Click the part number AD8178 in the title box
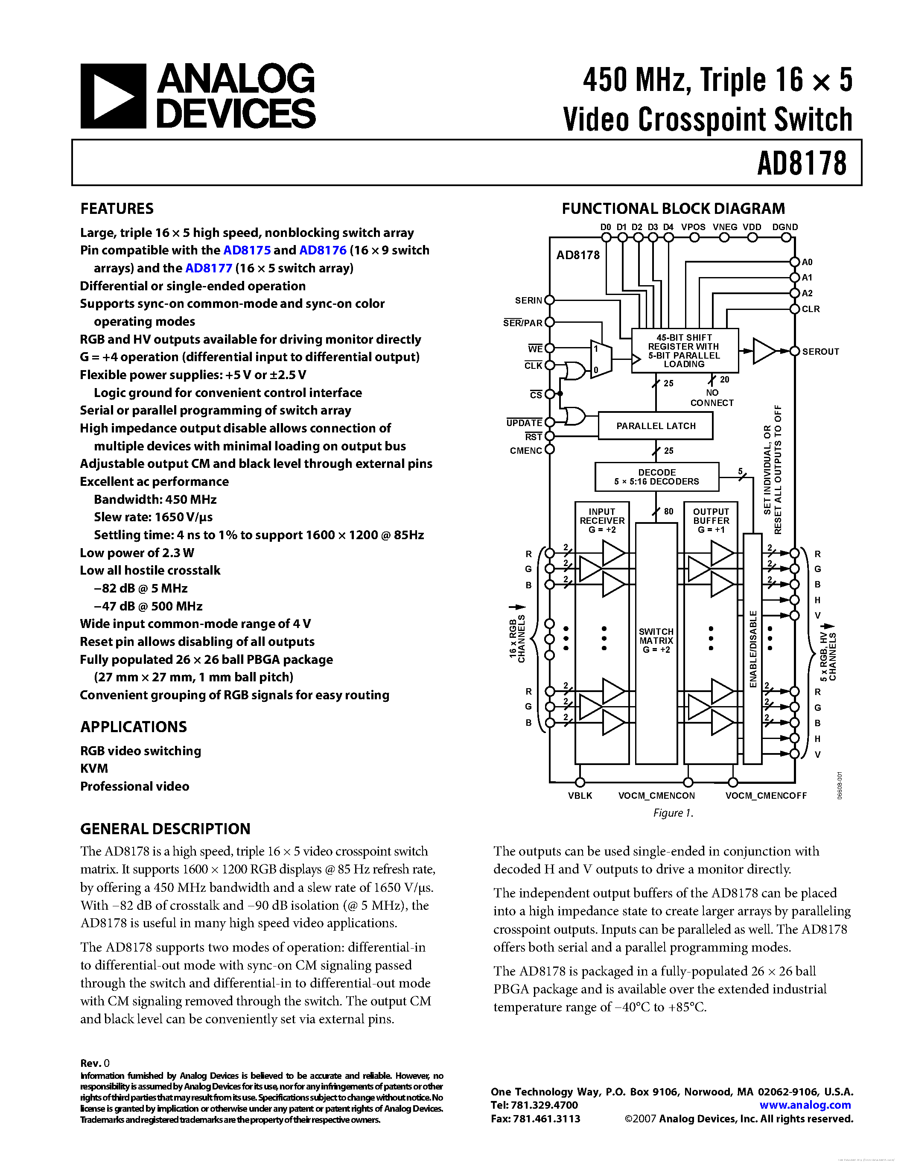pyautogui.click(x=801, y=164)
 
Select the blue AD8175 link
pyautogui.click(x=247, y=251)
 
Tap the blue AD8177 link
pyautogui.click(x=208, y=268)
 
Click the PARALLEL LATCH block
pyautogui.click(x=656, y=426)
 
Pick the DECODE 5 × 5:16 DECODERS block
pyautogui.click(x=656, y=477)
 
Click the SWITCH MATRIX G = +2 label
pyautogui.click(x=656, y=640)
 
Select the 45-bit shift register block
pyautogui.click(x=684, y=350)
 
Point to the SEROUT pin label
pyautogui.click(x=820, y=351)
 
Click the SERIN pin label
pyautogui.click(x=528, y=301)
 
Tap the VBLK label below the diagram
pyautogui.click(x=580, y=796)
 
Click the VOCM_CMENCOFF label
pyautogui.click(x=766, y=796)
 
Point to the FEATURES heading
pyautogui.click(x=117, y=209)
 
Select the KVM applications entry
pyautogui.click(x=94, y=769)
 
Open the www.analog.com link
pyautogui.click(x=805, y=1105)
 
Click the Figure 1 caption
pyautogui.click(x=673, y=813)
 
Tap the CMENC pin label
pyautogui.click(x=525, y=450)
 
